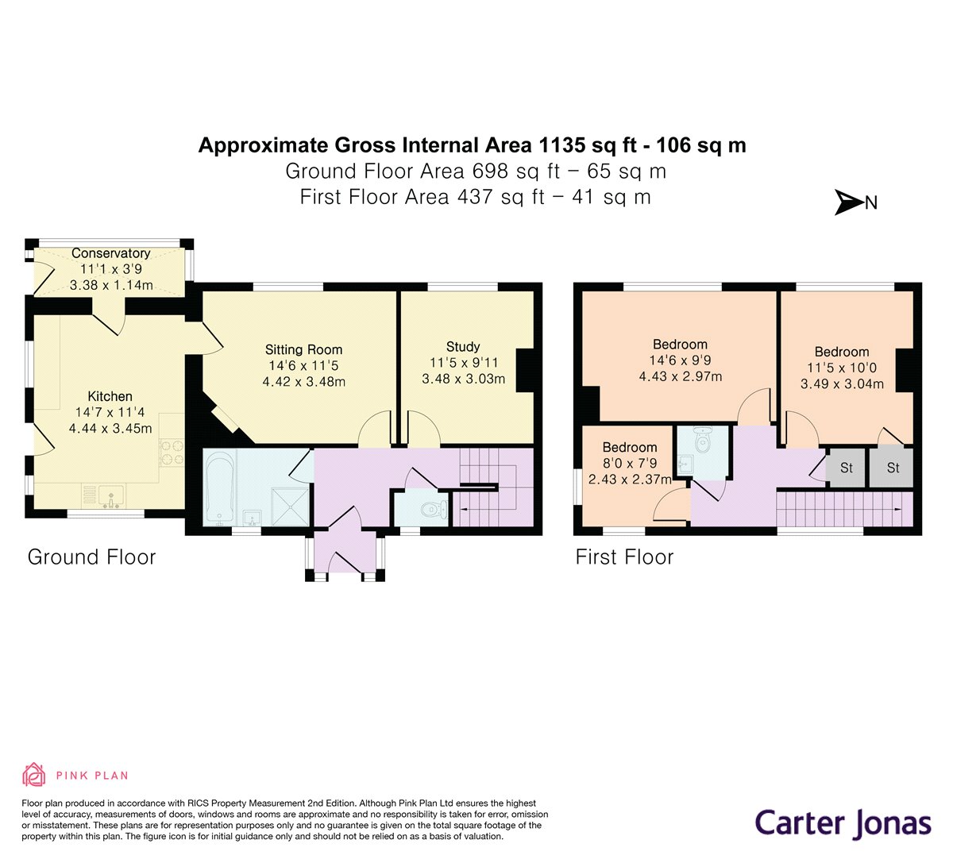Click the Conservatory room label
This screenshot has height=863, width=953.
110,253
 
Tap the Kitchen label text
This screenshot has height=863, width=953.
110,396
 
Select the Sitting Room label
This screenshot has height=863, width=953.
303,350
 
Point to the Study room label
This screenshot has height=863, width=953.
463,347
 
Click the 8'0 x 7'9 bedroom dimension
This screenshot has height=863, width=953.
630,463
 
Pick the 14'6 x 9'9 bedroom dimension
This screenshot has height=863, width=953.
681,360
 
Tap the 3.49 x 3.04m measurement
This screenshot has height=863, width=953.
842,383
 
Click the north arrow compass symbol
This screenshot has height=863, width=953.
849,202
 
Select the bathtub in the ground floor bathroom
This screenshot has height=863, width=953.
219,487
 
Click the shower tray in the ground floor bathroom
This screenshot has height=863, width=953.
290,507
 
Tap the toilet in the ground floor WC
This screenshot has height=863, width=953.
435,510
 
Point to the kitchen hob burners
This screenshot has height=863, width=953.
172,453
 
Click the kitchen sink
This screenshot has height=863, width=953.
111,496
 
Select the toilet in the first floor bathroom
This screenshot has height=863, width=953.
702,440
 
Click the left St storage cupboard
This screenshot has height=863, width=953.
846,468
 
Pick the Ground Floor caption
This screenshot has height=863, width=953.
91,557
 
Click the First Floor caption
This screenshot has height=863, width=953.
624,557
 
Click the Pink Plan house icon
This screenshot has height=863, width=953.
33,775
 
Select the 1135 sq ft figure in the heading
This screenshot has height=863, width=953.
587,144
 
